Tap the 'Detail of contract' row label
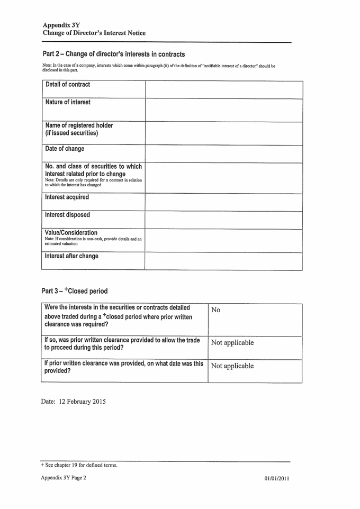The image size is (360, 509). (68, 85)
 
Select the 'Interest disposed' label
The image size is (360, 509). (68, 215)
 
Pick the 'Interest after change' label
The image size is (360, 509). (76, 257)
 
